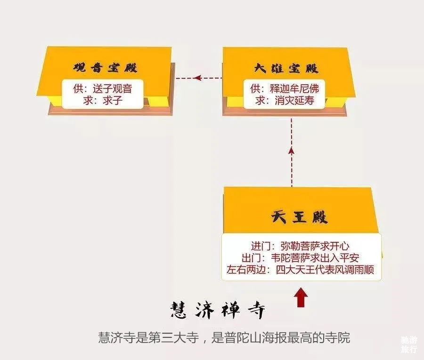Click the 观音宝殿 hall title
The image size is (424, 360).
[105, 67]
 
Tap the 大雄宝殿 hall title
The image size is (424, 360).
[286, 68]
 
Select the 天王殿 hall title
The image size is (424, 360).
[299, 217]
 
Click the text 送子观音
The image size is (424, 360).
[112, 88]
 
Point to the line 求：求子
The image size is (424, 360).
[103, 101]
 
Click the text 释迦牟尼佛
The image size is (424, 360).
[294, 88]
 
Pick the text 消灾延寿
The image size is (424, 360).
[294, 100]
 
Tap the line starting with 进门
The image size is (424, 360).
[300, 246]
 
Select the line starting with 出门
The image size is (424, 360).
[300, 258]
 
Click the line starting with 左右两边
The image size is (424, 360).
[300, 270]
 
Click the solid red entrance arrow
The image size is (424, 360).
[300, 297]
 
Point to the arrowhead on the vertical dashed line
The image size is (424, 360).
[291, 151]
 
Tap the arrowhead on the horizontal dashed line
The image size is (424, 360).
[198, 78]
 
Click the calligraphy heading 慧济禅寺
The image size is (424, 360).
[217, 310]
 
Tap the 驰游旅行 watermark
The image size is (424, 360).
[409, 344]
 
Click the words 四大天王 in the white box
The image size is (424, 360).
[295, 270]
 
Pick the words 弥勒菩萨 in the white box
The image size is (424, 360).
[300, 246]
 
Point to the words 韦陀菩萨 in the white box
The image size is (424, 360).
[290, 258]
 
